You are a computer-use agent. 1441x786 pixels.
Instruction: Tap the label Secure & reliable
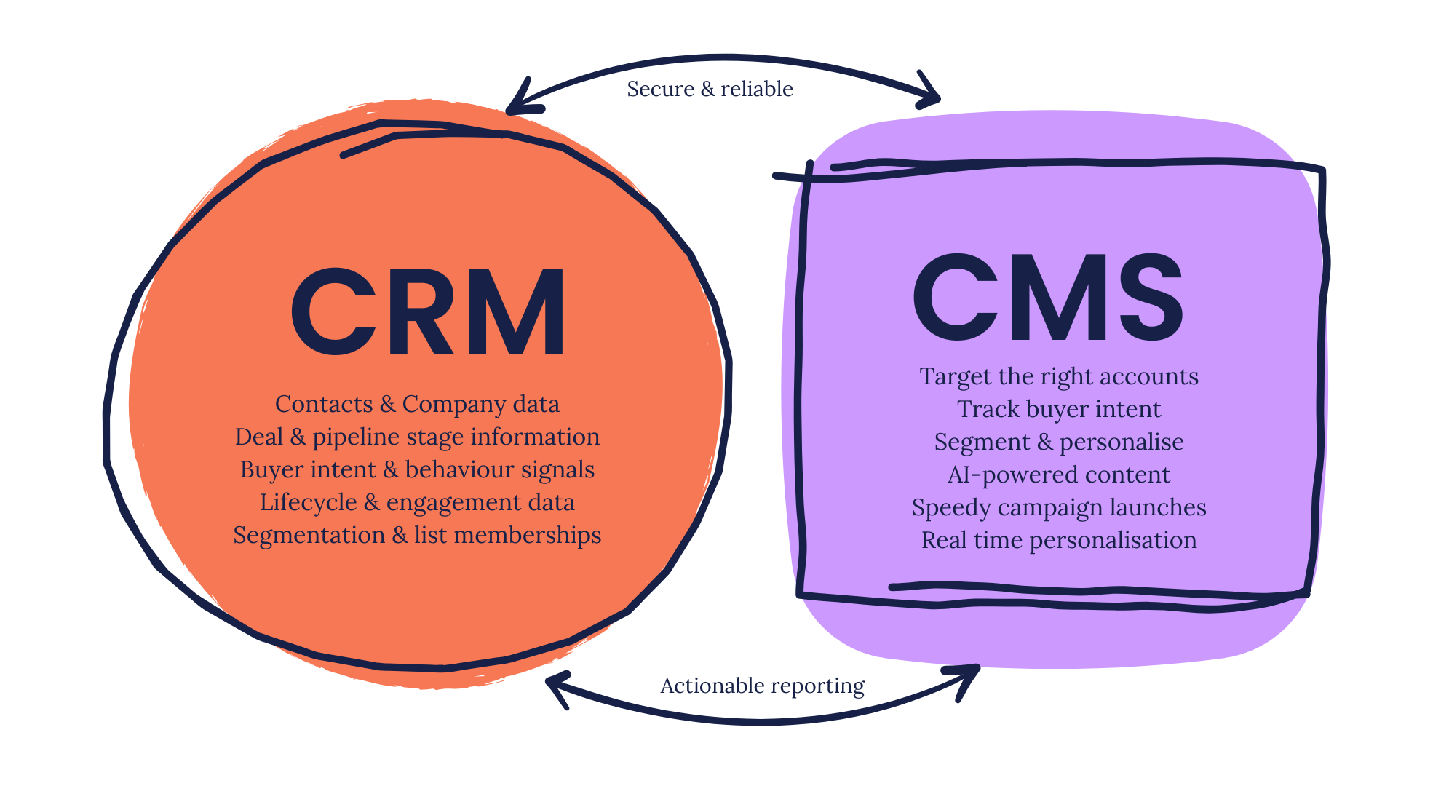710,89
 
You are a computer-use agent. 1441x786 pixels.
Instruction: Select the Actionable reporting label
762,686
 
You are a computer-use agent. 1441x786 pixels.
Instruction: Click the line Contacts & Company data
417,404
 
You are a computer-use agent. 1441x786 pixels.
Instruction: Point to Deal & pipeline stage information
417,437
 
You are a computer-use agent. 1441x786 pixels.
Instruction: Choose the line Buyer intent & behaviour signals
417,469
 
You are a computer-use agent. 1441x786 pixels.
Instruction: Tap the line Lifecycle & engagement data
417,502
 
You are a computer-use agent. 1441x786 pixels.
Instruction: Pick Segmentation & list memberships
417,535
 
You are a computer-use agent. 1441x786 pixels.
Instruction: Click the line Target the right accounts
1059,376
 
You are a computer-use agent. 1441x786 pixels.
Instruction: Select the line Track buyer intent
1059,409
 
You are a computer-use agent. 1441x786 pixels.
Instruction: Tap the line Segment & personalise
1059,442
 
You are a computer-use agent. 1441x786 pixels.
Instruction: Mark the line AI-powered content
1059,475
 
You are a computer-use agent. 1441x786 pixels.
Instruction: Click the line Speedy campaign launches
1059,507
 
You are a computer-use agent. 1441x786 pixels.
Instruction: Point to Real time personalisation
1059,540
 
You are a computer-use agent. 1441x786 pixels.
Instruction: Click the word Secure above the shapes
660,89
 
